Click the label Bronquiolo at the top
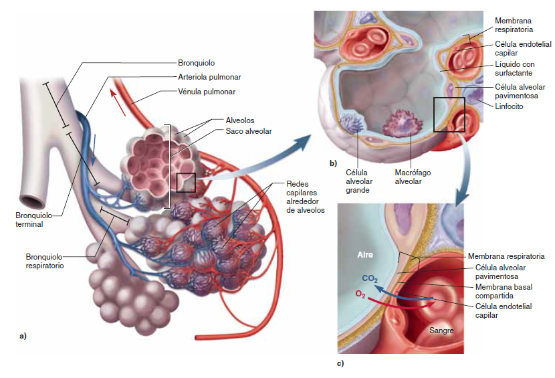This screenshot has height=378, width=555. click(196, 63)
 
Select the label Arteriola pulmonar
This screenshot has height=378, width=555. click(209, 77)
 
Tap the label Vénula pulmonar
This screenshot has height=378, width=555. click(207, 91)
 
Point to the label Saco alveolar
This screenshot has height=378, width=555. click(245, 131)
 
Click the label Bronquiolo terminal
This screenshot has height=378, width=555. click(30, 220)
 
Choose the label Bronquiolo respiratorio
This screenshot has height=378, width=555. click(45, 261)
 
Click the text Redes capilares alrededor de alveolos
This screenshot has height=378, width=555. click(305, 197)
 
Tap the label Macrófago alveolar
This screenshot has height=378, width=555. click(413, 177)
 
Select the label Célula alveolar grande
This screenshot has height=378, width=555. click(358, 181)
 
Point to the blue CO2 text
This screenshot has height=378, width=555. click(370, 278)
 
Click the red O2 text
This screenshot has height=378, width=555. click(360, 294)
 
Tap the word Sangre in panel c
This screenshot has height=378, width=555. click(441, 330)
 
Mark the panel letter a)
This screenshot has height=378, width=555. click(23, 335)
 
